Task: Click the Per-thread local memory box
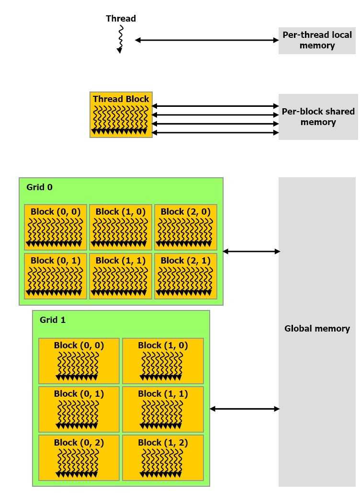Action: (317, 40)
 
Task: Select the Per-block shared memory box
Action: (318, 116)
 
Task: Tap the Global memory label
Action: (317, 329)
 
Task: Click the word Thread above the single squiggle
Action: (121, 19)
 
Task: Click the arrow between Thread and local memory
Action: (206, 40)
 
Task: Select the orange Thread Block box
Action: (121, 115)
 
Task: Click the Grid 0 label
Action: (40, 187)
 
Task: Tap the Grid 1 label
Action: (53, 320)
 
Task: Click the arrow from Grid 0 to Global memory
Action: (251, 251)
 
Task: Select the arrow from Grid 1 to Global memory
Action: (245, 409)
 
